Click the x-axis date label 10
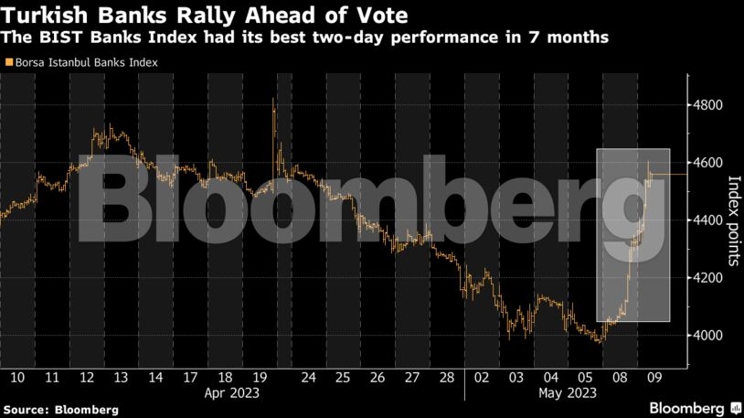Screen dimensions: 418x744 [x=17, y=376]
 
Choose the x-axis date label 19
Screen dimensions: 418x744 [x=258, y=376]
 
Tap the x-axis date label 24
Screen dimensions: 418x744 [x=309, y=376]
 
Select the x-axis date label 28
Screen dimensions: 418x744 [x=447, y=376]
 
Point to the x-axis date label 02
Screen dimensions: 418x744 [x=482, y=376]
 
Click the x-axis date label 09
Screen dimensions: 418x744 [x=654, y=376]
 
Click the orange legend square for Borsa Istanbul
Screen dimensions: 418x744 [x=9, y=63]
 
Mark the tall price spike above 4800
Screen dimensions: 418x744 [x=274, y=105]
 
